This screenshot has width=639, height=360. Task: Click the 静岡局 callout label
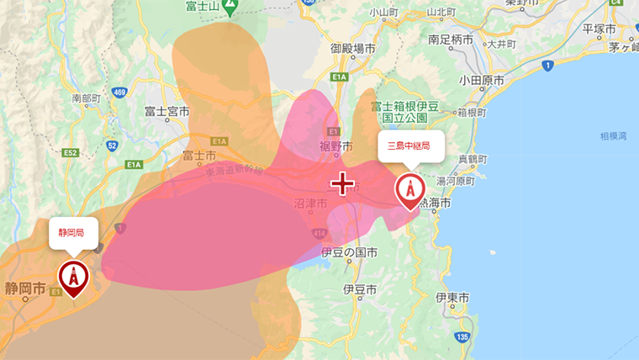(73, 231)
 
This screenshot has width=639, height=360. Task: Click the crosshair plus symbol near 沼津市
(342, 183)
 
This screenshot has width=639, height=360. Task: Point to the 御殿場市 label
(353, 49)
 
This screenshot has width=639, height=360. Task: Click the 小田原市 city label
(482, 81)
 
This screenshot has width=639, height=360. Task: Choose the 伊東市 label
(452, 298)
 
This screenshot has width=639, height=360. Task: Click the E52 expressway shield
(70, 152)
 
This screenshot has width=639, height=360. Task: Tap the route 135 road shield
(462, 337)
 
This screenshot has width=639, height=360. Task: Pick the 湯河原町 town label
(457, 179)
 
